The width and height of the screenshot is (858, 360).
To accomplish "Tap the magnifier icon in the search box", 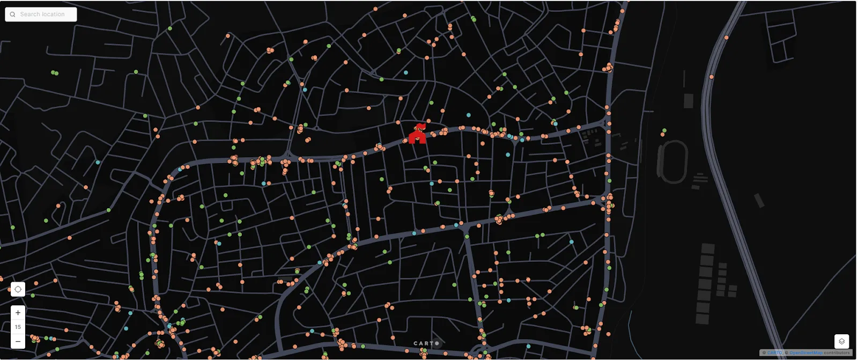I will point(12,14).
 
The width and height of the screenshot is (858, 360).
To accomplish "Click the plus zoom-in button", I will point(18,313).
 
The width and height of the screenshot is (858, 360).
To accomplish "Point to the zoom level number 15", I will point(18,327).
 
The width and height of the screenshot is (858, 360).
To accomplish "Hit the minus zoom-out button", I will point(18,341).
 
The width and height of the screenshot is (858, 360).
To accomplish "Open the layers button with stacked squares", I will point(841,341).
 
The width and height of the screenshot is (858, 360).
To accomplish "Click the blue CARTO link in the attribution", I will point(775,353).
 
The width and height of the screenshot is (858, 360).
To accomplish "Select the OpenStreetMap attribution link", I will point(805,353).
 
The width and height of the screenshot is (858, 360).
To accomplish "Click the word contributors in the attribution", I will point(837,353).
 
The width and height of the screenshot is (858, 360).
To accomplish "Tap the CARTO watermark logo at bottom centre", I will point(426,343).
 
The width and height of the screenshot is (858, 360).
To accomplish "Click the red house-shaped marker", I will point(417,135).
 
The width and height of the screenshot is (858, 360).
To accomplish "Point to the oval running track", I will point(672,161).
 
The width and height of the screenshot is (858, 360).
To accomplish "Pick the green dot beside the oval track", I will point(664,130).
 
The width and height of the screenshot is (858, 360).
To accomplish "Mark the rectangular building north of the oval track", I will point(689,101).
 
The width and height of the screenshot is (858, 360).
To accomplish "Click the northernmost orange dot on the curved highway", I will point(727,38).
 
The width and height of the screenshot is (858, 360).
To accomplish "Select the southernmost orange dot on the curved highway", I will point(712,77).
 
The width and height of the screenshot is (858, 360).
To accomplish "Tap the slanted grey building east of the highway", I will point(759,201).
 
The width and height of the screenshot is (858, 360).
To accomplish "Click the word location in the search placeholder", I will point(53,14).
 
